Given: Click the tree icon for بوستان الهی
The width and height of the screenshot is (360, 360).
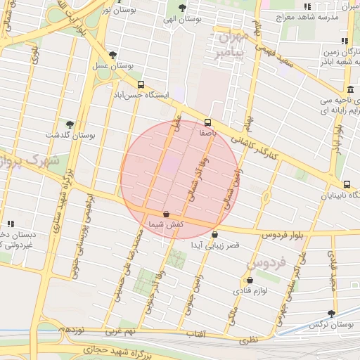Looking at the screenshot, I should tap(182, 8).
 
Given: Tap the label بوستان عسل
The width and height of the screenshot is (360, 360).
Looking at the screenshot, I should tap(111, 65).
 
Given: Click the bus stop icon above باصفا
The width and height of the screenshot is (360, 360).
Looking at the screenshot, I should tap(207, 122).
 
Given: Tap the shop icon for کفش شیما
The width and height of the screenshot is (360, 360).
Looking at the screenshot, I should tap(166, 214).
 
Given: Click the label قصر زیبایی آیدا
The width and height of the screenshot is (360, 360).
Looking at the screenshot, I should tap(216, 245).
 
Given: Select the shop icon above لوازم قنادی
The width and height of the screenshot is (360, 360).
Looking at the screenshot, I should tap(250, 280).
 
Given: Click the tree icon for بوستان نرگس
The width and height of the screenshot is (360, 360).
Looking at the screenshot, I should tap(331, 314).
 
